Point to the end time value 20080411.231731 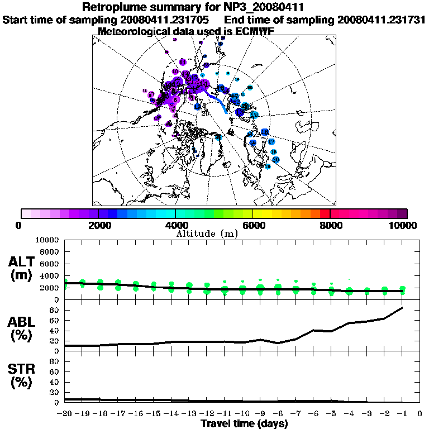381,20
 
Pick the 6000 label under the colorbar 252,225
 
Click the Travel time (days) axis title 244,424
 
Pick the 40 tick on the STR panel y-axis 55,382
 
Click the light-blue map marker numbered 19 268,166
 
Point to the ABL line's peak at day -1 402,308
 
